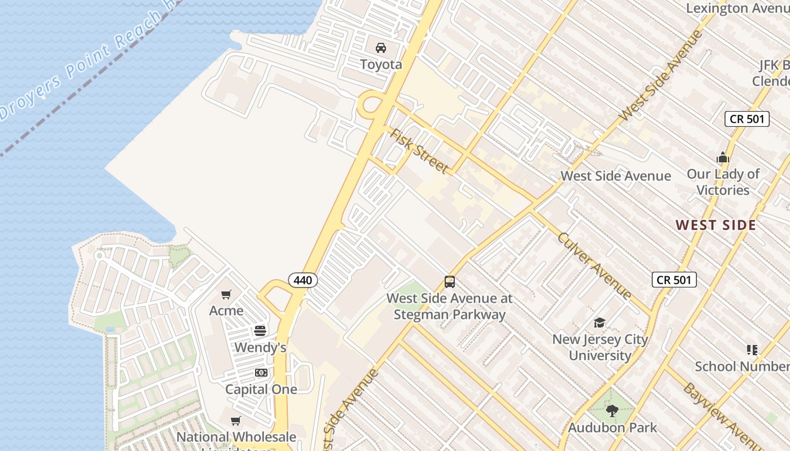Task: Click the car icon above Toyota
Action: pos(381,47)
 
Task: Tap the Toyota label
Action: pos(381,64)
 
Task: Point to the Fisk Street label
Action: pos(419,151)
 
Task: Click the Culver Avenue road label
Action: pos(594,265)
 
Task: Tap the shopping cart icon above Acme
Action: pos(226,294)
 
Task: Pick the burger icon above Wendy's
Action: pos(260,331)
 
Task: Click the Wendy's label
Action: pos(260,347)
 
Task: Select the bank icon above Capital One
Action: pos(261,373)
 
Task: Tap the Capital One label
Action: pos(261,389)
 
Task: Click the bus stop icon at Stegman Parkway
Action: pos(450,282)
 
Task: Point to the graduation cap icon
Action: pos(599,323)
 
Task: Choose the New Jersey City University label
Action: pos(600,347)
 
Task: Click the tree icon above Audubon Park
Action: pos(612,411)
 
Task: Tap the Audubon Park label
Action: pos(612,427)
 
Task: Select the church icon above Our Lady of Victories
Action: pos(723,157)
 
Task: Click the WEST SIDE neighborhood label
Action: pos(716,225)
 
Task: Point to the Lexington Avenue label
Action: pos(738,8)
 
